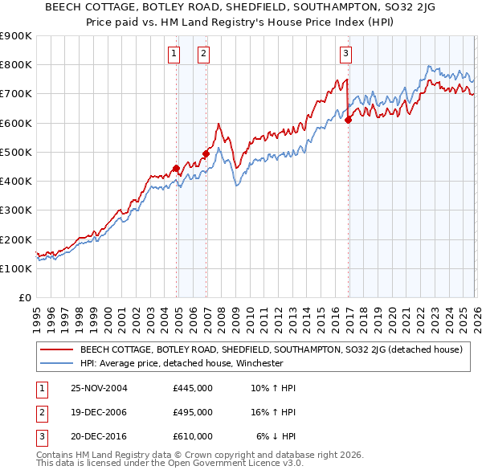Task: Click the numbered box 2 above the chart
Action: [x=203, y=54]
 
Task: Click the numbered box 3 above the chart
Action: [x=345, y=54]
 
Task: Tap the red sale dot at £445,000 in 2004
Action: [x=177, y=168]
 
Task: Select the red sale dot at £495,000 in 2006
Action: [x=206, y=153]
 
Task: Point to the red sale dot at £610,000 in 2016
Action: [x=348, y=120]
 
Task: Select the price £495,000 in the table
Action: [x=193, y=412]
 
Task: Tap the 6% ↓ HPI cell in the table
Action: [x=276, y=436]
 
